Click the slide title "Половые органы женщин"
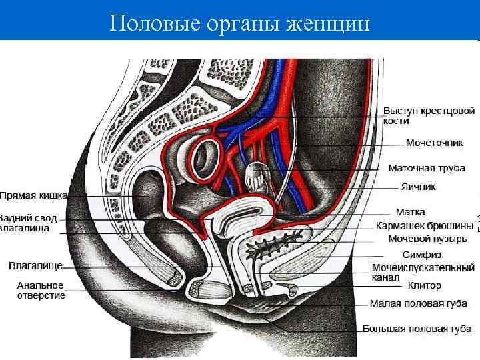(239, 24)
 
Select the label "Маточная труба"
(427, 168)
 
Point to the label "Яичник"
(418, 187)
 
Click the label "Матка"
(410, 213)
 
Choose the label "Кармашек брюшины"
(425, 225)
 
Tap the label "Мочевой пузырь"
(423, 238)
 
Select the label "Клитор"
(425, 285)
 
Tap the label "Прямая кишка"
(34, 196)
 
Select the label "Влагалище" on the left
(35, 265)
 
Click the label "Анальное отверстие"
(41, 290)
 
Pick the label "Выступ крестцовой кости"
(429, 115)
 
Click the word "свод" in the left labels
(53, 218)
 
